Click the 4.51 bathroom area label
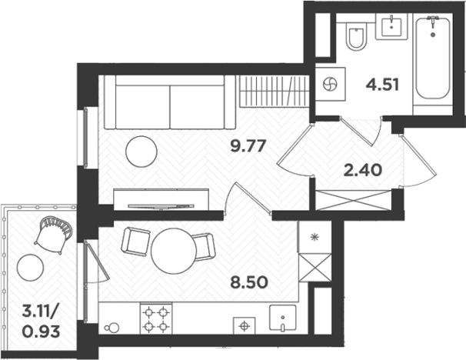pos(382,85)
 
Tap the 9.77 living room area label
pos(248,146)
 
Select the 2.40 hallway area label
pos(362,171)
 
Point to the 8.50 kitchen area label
pos(249,282)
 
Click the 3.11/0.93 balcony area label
pos(41,322)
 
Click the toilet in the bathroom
pos(356,37)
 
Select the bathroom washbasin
pos(391,26)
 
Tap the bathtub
pos(432,58)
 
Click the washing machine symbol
pos(330,84)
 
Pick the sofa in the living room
pos(170,102)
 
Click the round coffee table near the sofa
pos(141,152)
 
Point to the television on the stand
pos(161,206)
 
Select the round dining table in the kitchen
pos(174,251)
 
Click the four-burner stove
pos(156,319)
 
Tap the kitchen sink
pos(283,318)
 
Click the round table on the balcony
pos(30,268)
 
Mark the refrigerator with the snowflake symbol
pos(315,237)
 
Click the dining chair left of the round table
pos(136,242)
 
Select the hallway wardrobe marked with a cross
pos(353,200)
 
